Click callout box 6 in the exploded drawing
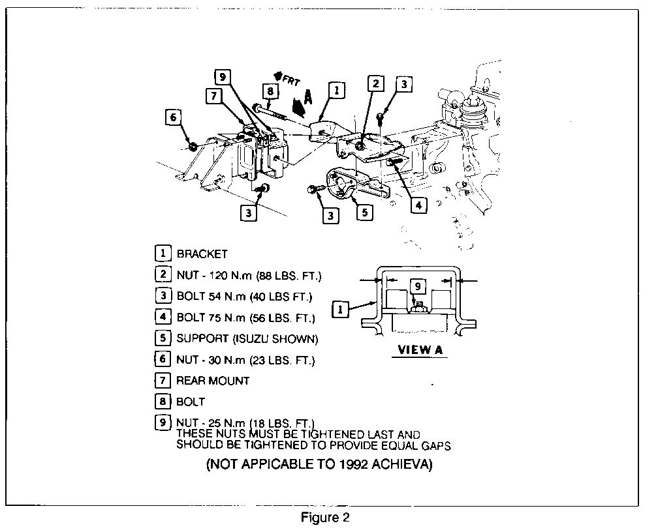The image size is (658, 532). [x=172, y=117]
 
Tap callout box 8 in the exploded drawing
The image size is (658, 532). [x=268, y=91]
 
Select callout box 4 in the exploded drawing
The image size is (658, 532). [x=418, y=205]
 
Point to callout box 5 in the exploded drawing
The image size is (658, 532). [x=364, y=213]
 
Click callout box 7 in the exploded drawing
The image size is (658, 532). [x=213, y=96]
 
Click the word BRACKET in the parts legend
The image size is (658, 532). [x=202, y=254]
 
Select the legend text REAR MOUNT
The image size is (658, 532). [x=213, y=380]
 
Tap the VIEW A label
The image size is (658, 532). [x=420, y=350]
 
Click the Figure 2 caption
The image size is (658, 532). [x=325, y=518]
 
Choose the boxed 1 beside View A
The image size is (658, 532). [x=340, y=308]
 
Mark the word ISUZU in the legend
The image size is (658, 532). [x=249, y=339]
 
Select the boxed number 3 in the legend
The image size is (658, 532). [x=163, y=297]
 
